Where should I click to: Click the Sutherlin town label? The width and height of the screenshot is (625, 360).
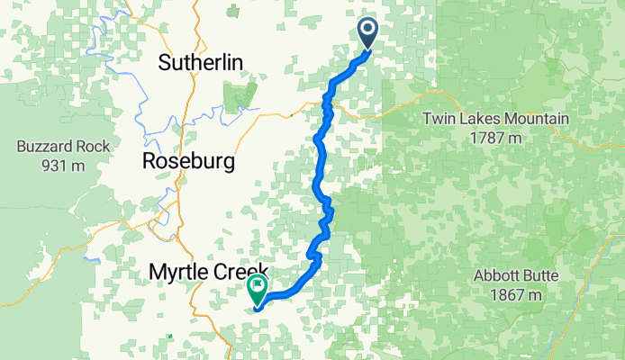point(202,62)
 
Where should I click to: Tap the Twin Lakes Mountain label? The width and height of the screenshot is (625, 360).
point(496,119)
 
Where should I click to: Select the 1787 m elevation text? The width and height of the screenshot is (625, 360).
point(496,139)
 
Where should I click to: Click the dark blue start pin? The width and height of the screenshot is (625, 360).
point(369,33)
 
